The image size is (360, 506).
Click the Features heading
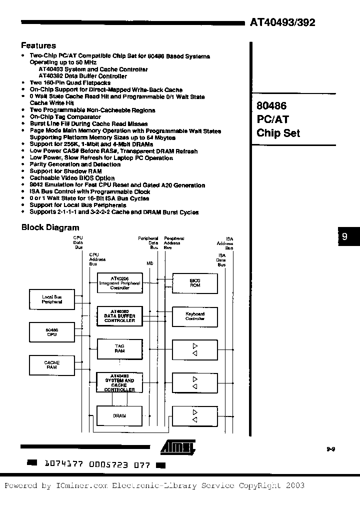coord(38,45)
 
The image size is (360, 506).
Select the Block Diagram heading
coord(50,227)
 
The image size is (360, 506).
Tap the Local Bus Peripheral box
coord(51,299)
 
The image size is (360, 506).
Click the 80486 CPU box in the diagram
coord(51,332)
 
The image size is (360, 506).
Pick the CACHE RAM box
coord(51,364)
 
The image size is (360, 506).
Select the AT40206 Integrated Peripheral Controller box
coord(119,283)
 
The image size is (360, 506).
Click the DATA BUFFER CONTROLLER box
coord(119,316)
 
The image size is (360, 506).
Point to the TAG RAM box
coord(119,348)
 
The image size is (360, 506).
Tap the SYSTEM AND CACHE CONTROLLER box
coord(119,382)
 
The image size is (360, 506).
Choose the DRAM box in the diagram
coord(119,415)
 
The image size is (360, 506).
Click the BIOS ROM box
coord(195,283)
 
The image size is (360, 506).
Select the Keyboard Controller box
coord(195,316)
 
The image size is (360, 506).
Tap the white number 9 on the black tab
coord(344,237)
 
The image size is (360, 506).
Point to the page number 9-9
coord(330,449)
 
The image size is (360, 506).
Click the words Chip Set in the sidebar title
coord(278,133)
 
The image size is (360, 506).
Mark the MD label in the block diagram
coord(149,262)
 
